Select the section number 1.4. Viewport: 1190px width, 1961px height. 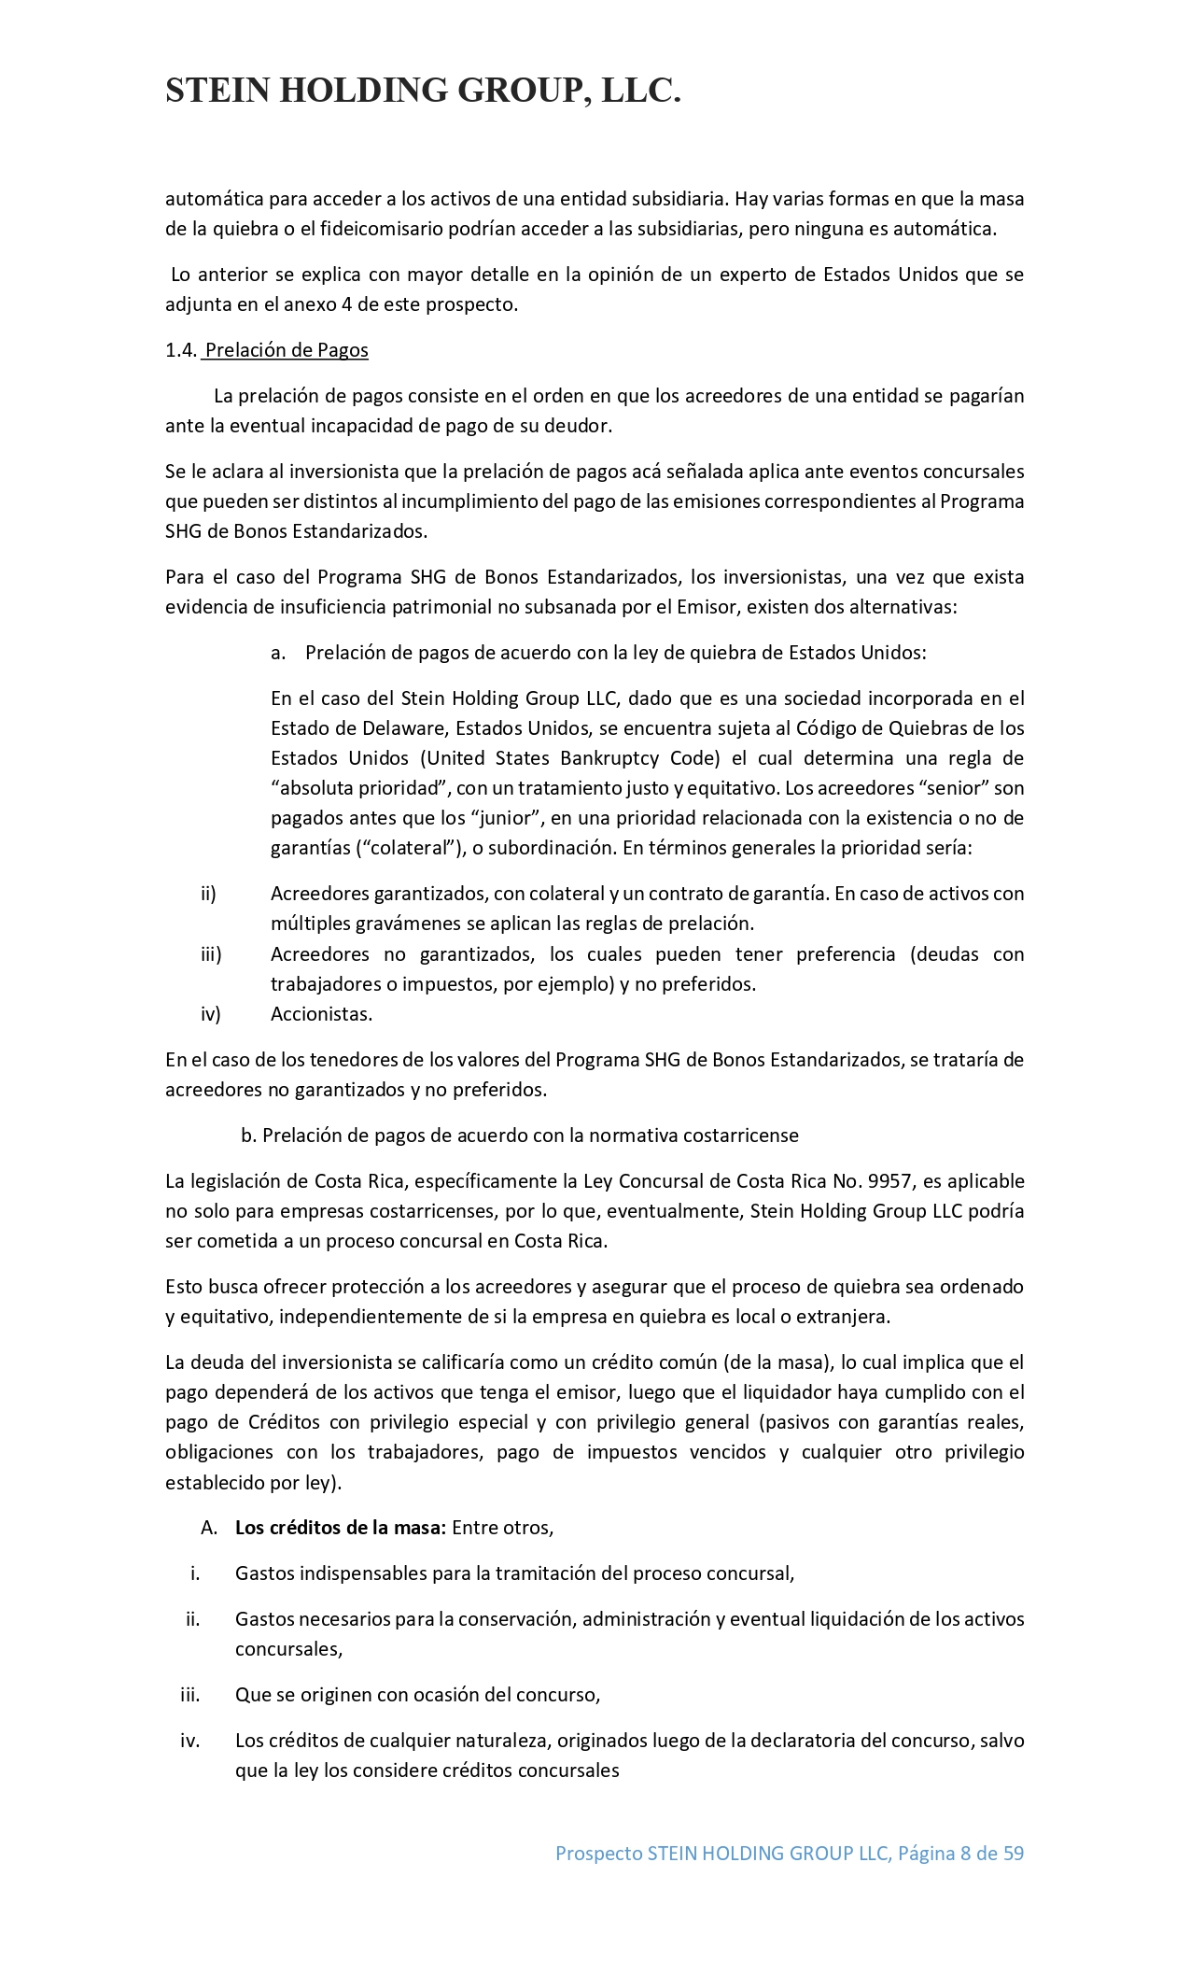click(x=181, y=350)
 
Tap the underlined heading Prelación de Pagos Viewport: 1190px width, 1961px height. click(x=287, y=350)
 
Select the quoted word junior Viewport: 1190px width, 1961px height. click(x=509, y=819)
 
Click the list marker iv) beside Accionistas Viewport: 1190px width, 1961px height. click(x=211, y=1014)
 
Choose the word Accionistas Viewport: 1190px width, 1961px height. click(x=321, y=1014)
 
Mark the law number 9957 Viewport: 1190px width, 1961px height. click(x=889, y=1181)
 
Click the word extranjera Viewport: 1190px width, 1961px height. click(x=845, y=1318)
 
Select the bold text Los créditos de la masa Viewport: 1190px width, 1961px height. click(x=341, y=1529)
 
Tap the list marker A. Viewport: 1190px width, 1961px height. click(x=209, y=1529)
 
